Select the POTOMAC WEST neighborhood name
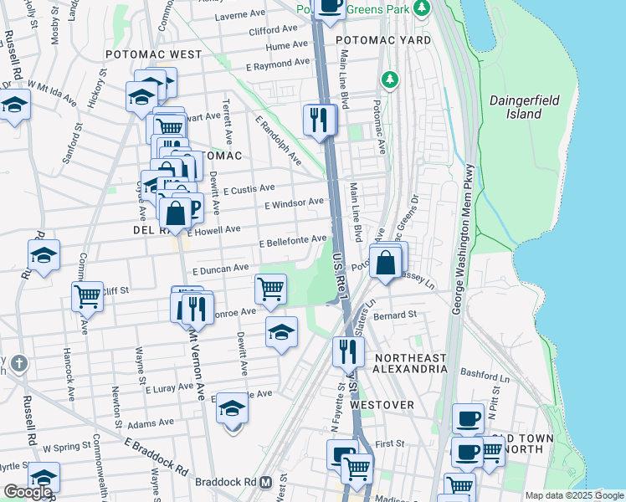point(154,54)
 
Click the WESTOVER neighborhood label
point(382,405)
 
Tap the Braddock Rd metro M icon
point(265,483)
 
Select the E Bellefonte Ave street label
point(292,241)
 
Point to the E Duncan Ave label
point(221,269)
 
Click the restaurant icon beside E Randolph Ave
point(319,120)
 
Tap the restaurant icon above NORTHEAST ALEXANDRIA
point(347,351)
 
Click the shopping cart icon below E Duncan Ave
point(270,289)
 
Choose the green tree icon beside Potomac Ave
point(388,80)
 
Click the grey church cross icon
point(19,364)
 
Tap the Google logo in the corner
point(28,492)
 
